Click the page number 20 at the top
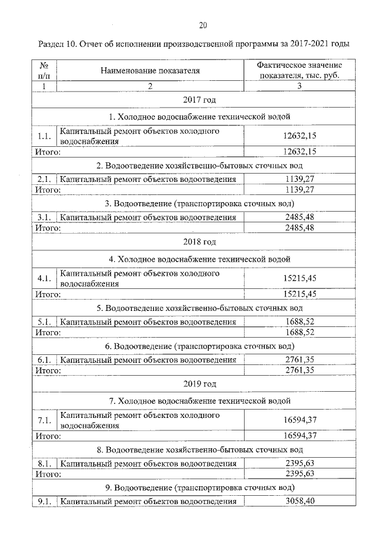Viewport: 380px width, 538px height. pos(202,25)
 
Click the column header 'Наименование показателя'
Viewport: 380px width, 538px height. pos(150,71)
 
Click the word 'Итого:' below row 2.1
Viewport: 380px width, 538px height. pos(47,190)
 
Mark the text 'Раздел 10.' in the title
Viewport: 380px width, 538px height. pos(59,45)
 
